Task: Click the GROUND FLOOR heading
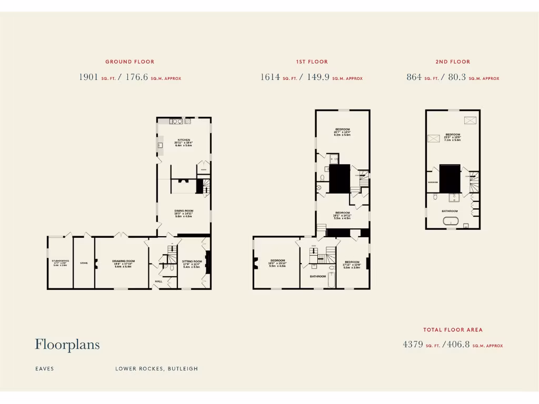[x=129, y=62]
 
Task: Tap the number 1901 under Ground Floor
[x=88, y=77]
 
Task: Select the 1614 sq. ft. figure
[x=270, y=77]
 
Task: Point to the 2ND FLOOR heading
[x=453, y=62]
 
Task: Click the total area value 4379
[x=413, y=345]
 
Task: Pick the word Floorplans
[x=67, y=345]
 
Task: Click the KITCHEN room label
[x=184, y=140]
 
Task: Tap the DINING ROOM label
[x=184, y=211]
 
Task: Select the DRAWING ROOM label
[x=124, y=261]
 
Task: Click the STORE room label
[x=84, y=262]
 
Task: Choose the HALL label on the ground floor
[x=158, y=281]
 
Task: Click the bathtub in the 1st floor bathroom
[x=329, y=284]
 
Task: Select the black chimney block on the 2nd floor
[x=450, y=178]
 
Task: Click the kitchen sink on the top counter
[x=176, y=122]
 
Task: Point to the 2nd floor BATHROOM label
[x=450, y=211]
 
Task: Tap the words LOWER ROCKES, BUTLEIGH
[x=157, y=369]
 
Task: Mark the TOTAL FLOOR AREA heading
[x=453, y=330]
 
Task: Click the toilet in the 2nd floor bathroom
[x=435, y=198]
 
